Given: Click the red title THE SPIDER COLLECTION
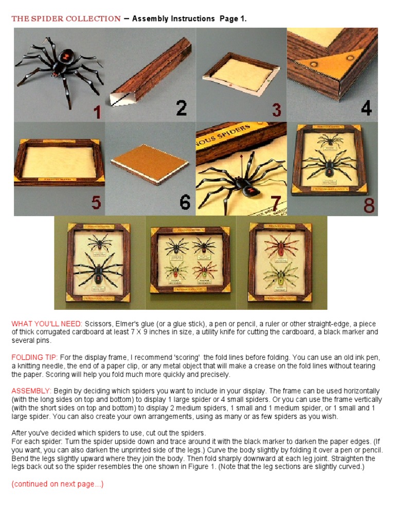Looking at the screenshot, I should [66, 19].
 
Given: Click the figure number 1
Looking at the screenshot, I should [97, 111].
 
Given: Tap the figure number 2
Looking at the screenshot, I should [181, 108].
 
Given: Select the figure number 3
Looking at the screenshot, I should [276, 110].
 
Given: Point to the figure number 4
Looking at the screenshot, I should [366, 109].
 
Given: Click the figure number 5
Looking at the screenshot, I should [96, 202].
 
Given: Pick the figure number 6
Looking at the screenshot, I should [185, 202].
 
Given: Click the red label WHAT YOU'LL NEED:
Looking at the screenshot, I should [47, 324].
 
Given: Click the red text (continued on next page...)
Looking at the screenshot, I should [58, 484].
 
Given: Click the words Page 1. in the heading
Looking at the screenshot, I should [233, 19].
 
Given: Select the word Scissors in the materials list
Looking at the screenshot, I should [99, 324].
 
